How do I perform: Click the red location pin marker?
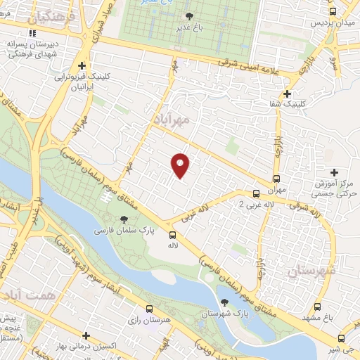pyautogui.click(x=181, y=165)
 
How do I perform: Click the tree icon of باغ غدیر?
pyautogui.click(x=189, y=16)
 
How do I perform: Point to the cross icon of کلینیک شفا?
pyautogui.click(x=286, y=94)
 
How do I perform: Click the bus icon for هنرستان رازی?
pyautogui.click(x=149, y=309)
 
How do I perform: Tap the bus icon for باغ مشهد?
pyautogui.click(x=318, y=307)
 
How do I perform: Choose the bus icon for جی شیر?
pyautogui.click(x=342, y=337)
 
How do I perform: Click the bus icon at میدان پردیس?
pyautogui.click(x=333, y=11)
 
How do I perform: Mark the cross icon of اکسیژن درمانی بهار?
pyautogui.click(x=86, y=336)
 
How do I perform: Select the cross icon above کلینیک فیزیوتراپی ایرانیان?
pyautogui.click(x=82, y=65)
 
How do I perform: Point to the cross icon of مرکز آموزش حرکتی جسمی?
pyautogui.click(x=334, y=172)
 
